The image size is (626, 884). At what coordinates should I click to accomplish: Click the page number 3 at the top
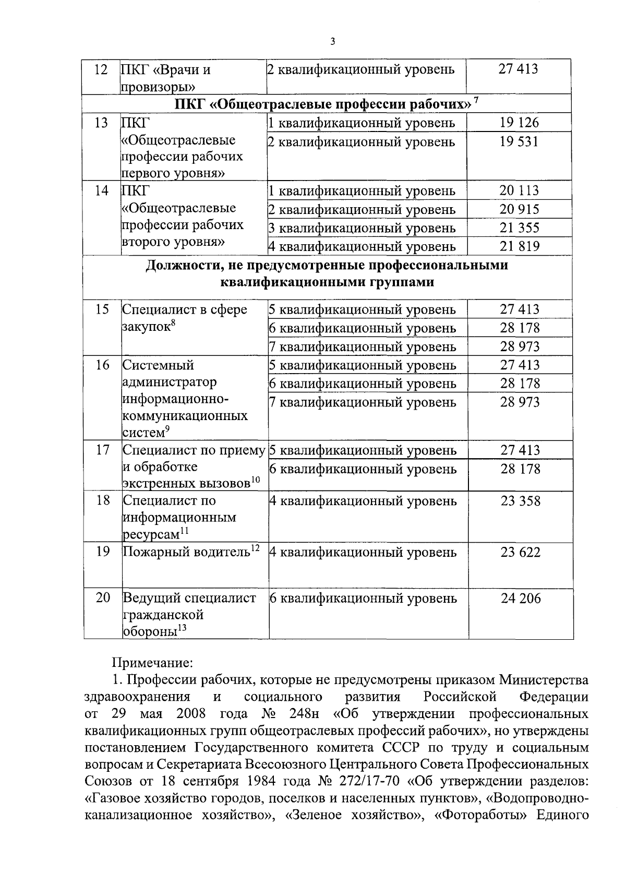[332, 42]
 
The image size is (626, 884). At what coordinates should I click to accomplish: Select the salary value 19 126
[519, 123]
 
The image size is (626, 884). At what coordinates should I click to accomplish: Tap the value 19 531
[519, 141]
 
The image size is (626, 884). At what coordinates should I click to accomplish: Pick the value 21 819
[519, 246]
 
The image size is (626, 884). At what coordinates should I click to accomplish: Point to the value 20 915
[519, 209]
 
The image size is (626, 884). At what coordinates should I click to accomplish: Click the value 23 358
[521, 501]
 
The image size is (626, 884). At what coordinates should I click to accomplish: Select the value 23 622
[521, 552]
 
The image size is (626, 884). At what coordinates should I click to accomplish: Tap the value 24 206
[521, 599]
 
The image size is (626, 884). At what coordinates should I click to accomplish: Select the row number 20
[103, 598]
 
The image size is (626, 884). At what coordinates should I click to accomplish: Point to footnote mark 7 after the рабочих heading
[475, 101]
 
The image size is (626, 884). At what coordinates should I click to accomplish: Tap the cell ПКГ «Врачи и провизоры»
[166, 77]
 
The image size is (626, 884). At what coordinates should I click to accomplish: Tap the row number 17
[103, 450]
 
